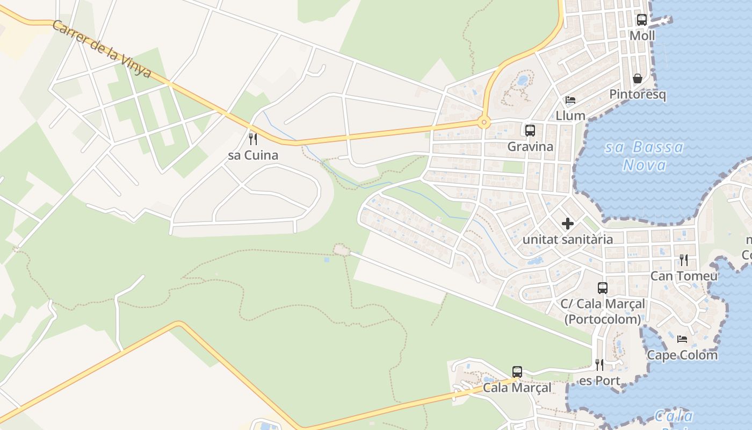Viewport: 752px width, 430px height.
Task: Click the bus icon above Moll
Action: [642, 20]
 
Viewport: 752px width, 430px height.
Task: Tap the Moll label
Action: [642, 36]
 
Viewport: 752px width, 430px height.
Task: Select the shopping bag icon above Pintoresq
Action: [638, 78]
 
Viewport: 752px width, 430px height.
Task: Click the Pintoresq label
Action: [638, 95]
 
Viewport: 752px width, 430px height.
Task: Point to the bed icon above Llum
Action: [570, 100]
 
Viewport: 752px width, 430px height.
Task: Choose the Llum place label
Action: [570, 116]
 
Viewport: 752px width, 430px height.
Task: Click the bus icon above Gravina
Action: [530, 130]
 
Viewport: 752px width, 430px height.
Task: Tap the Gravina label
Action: [530, 146]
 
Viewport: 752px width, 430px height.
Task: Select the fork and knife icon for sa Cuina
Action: [253, 139]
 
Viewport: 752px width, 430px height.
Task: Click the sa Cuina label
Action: [253, 155]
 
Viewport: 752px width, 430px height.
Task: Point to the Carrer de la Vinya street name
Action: [102, 49]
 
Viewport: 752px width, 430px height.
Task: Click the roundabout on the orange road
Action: [485, 123]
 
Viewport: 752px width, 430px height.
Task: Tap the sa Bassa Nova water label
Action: [645, 156]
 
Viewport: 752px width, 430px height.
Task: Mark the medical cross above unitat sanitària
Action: [568, 224]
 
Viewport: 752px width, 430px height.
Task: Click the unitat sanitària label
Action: [568, 239]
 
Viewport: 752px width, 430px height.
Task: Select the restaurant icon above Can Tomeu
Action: [684, 260]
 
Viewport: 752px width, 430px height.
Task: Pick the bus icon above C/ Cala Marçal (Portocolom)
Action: [603, 288]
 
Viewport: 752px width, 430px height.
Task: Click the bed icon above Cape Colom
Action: [682, 339]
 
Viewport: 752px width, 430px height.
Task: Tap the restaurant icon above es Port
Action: [599, 365]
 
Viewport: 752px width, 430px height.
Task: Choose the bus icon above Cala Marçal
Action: [517, 371]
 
